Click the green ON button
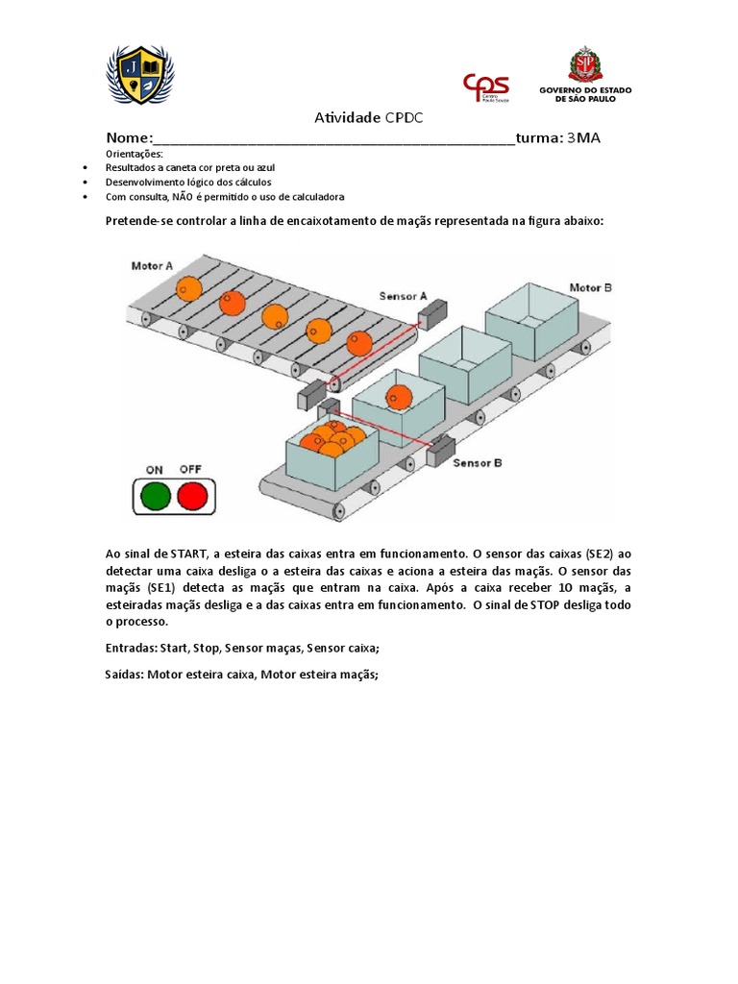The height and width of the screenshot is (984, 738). pyautogui.click(x=156, y=496)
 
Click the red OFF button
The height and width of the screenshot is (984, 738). pyautogui.click(x=193, y=496)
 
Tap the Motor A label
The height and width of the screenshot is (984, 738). pyautogui.click(x=153, y=265)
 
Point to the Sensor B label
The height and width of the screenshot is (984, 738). pyautogui.click(x=478, y=461)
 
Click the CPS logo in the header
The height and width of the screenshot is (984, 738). pyautogui.click(x=486, y=86)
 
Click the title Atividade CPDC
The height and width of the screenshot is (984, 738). pyautogui.click(x=369, y=117)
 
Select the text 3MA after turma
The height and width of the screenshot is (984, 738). pyautogui.click(x=583, y=137)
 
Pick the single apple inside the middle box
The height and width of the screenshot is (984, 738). pyautogui.click(x=399, y=396)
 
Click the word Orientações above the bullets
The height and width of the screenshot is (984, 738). pyautogui.click(x=135, y=154)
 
